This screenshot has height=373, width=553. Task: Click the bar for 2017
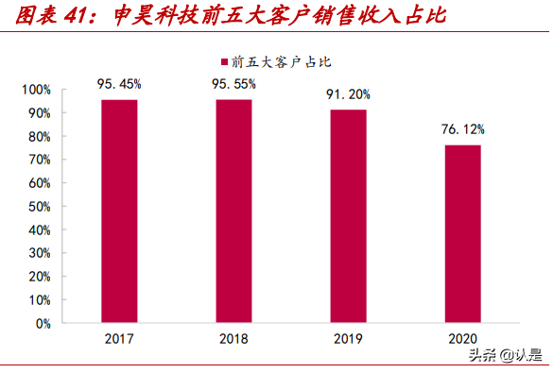pos(119,212)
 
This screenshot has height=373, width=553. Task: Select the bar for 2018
pos(233,212)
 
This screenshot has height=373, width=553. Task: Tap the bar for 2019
pos(348,216)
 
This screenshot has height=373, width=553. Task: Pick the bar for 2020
pos(462,234)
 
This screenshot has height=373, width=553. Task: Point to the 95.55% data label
pos(233,83)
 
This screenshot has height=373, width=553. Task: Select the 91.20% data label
pos(348,93)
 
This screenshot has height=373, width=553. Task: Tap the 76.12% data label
pos(462,128)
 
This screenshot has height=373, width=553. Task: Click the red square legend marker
pos(224,62)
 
